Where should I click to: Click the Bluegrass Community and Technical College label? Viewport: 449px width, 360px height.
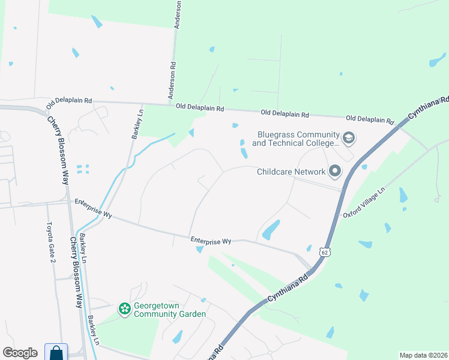tap(296, 139)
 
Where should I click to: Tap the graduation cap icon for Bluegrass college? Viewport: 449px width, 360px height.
tap(349, 139)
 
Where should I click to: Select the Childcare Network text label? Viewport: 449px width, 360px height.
tap(291, 172)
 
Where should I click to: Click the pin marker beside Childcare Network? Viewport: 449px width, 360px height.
tap(335, 172)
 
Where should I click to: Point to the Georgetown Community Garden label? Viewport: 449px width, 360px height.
tap(170, 310)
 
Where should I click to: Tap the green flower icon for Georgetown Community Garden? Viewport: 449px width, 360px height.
tap(125, 309)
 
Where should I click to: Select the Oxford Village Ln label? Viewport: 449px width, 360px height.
tap(363, 203)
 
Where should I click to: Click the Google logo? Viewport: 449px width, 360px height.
tap(20, 353)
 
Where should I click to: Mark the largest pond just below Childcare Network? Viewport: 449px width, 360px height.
tap(271, 229)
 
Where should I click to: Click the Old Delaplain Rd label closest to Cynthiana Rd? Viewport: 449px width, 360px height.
tap(369, 119)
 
